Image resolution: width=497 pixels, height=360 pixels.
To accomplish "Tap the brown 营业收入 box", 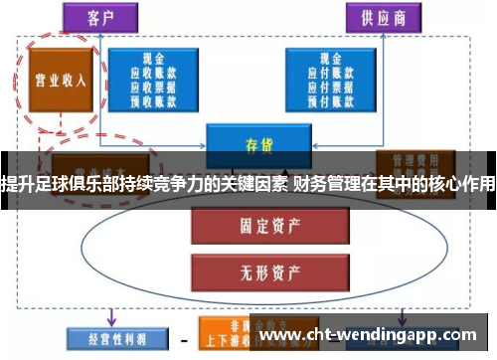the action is coord(56,79).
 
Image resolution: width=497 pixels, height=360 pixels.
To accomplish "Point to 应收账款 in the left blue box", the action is coord(153,72).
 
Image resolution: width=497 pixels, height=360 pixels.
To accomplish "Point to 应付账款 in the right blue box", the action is coord(329,72).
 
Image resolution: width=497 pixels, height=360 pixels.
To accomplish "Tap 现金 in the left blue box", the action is coord(153,59).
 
